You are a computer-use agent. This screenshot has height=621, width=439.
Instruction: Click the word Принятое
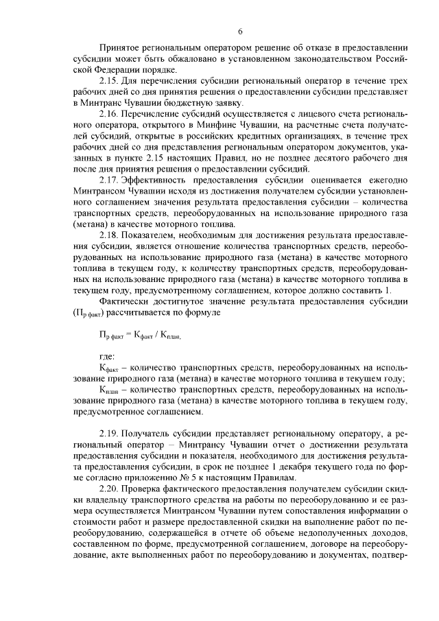pyautogui.click(x=121, y=50)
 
